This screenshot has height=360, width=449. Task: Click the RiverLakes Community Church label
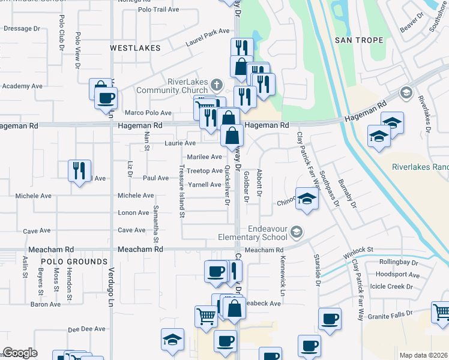179,86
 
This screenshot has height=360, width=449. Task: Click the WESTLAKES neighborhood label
136,47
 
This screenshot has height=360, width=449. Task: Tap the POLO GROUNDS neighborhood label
74,262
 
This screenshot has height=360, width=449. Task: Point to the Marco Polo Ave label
148,113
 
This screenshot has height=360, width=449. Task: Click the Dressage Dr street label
22,28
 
